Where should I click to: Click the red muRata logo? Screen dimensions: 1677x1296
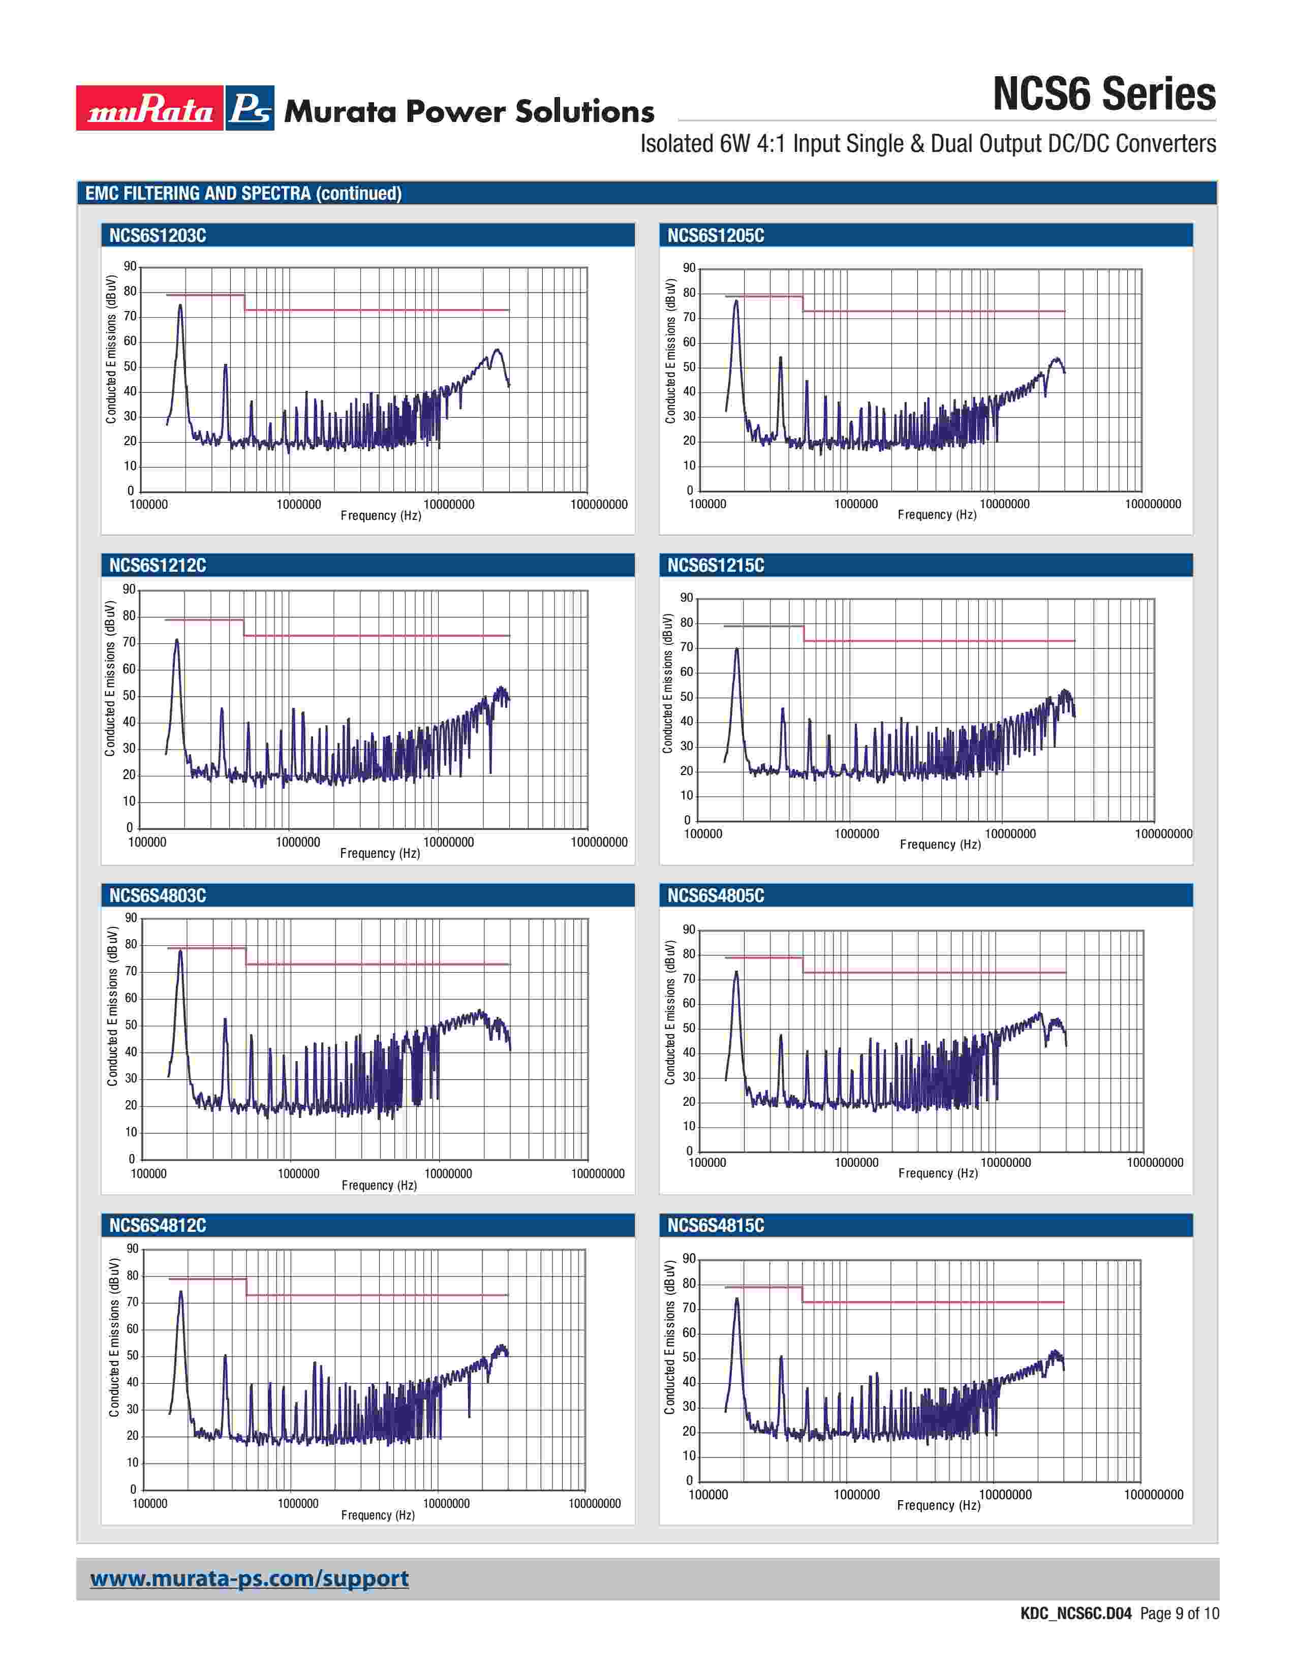[x=150, y=108]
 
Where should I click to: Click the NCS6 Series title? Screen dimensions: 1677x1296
[x=1103, y=95]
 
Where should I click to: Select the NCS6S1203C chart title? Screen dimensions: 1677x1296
[x=158, y=236]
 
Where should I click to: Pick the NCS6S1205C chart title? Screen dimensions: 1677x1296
[x=716, y=236]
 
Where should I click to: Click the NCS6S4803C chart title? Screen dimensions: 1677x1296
[x=158, y=896]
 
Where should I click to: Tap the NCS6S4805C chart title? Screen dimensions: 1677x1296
[x=716, y=896]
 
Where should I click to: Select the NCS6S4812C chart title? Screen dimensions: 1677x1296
[x=158, y=1226]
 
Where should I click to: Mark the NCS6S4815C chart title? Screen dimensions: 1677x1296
[x=716, y=1226]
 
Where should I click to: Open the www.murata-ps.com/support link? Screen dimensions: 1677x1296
[x=250, y=1579]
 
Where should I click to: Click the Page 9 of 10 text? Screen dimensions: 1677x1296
[x=1179, y=1613]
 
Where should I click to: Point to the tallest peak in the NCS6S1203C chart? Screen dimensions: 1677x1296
[x=180, y=305]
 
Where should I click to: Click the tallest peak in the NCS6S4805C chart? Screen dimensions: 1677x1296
[x=736, y=973]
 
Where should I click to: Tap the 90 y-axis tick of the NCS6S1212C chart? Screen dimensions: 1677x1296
[x=129, y=589]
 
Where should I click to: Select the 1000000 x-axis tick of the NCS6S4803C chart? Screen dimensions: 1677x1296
[x=299, y=1174]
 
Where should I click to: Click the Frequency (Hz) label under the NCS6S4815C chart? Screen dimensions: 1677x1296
[x=938, y=1506]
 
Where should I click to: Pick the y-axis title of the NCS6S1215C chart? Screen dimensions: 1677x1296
[x=668, y=684]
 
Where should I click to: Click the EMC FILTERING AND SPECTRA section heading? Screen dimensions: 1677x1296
[x=243, y=194]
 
